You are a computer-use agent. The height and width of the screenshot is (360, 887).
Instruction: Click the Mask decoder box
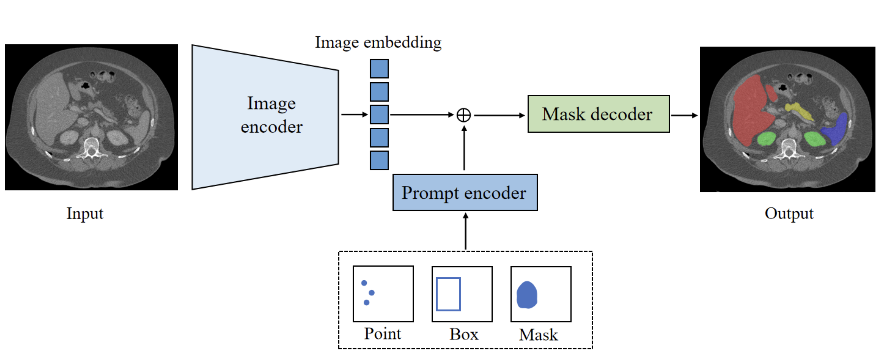coord(598,114)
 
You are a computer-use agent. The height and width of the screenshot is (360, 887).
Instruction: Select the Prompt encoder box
coord(465,192)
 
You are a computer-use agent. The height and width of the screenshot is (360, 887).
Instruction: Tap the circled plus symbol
coord(464,115)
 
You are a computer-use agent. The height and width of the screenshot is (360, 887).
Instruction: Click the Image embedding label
coord(378,43)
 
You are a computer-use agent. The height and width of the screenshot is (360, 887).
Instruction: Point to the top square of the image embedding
coord(379,68)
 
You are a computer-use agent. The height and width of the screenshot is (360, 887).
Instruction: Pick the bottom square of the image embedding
coord(379,160)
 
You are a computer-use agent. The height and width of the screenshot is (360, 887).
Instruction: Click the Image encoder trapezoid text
coord(271,115)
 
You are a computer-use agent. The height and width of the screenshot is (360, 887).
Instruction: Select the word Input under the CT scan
coord(85,213)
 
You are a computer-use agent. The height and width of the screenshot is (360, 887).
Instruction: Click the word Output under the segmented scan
coord(789,213)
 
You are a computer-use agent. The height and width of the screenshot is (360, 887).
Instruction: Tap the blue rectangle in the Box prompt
coord(448,294)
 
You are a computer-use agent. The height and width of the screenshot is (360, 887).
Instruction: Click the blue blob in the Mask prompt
coord(527,295)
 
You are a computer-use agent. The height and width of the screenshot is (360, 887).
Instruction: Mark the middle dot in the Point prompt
coord(371,292)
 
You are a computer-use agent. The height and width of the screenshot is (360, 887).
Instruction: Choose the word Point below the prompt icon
coord(383,334)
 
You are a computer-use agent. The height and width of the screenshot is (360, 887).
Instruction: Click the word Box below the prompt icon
coord(464,334)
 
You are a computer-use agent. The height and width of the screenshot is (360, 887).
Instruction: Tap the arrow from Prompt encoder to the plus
coord(464,148)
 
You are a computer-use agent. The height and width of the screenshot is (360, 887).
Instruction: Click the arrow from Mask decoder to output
coord(684,115)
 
